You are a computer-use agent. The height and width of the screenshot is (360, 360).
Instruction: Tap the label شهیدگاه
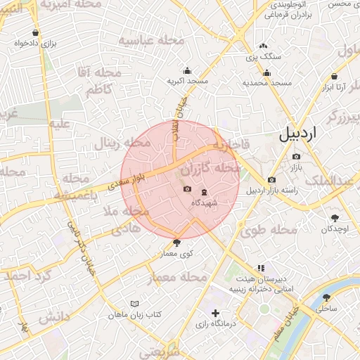coord(204,202)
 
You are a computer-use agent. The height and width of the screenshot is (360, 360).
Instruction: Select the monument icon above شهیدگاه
coord(204,192)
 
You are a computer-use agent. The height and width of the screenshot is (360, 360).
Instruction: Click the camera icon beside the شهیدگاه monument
coord(187,188)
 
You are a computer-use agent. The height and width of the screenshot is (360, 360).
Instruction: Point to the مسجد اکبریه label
coord(187,82)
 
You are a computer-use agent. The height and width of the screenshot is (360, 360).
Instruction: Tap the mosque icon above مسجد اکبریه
coord(187,71)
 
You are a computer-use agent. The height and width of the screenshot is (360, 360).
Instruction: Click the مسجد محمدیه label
coord(267,83)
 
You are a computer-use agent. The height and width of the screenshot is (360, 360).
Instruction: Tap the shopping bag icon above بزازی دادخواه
coord(36,32)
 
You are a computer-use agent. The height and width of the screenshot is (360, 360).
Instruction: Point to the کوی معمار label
coord(176,252)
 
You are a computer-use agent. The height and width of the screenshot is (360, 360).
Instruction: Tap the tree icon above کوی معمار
coord(176,243)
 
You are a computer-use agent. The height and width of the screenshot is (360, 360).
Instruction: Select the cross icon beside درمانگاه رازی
coord(215,313)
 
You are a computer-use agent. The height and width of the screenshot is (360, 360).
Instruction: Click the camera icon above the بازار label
coord(296,156)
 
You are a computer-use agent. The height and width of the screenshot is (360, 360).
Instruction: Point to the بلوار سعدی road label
coord(127,180)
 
